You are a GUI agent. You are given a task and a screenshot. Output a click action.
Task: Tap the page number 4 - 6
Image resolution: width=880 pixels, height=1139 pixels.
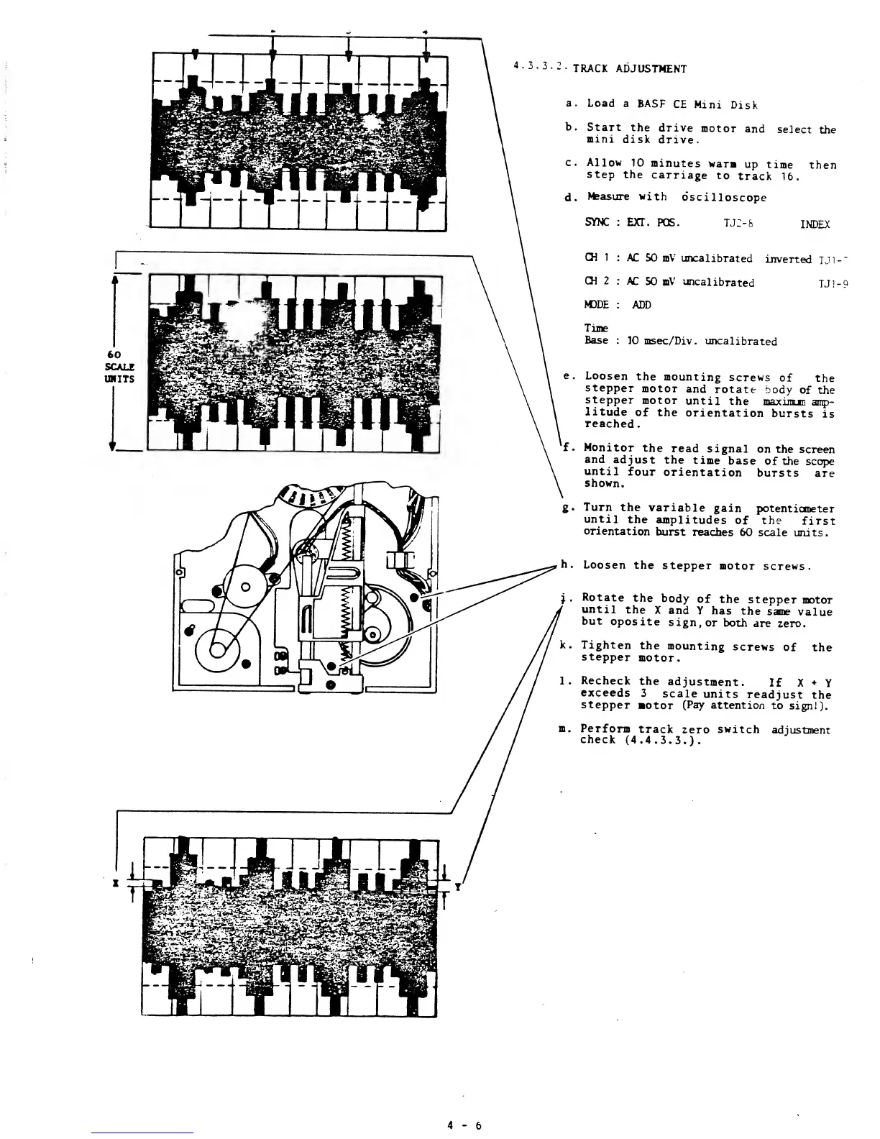(x=463, y=1125)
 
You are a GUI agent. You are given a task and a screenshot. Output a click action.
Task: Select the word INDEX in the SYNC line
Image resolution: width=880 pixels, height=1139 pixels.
(x=815, y=224)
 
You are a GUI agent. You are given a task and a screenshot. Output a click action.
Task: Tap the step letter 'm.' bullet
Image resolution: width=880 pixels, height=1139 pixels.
(x=563, y=729)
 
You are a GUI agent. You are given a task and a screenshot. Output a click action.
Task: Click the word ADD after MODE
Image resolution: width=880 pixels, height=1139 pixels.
(x=641, y=305)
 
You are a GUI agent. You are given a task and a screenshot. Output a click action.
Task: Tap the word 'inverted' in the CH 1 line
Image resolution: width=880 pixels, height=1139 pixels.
(x=788, y=259)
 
